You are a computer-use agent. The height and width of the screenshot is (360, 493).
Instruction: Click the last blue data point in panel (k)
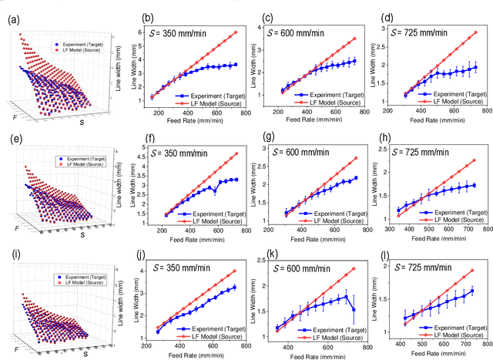coord(355,310)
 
